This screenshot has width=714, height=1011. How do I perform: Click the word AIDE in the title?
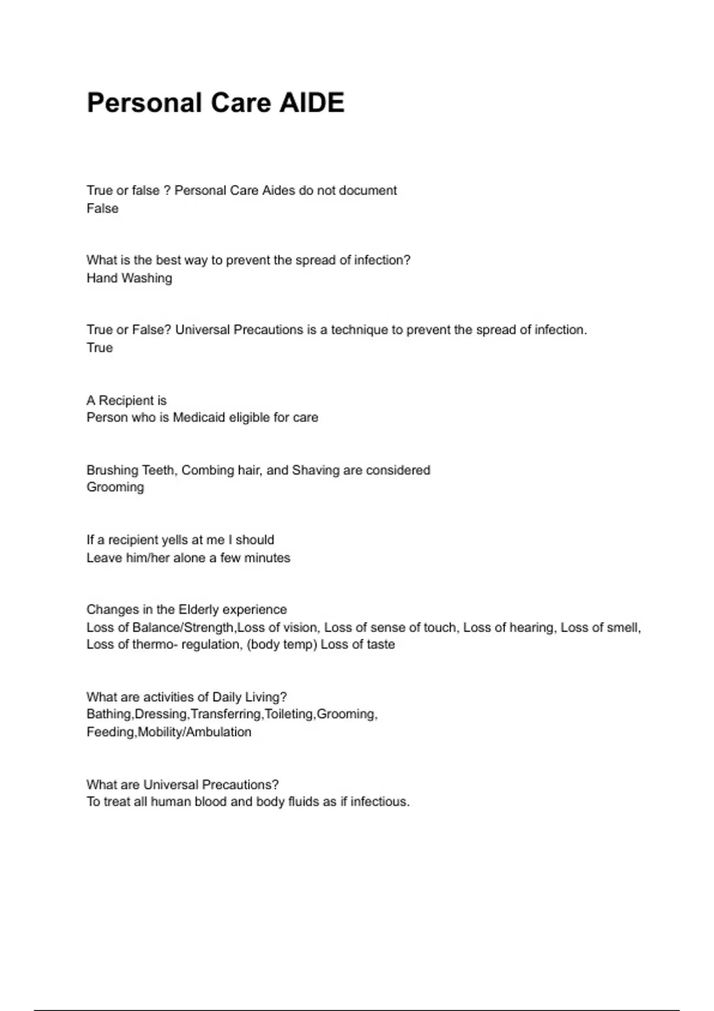pos(312,103)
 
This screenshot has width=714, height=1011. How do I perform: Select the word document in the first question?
pos(368,190)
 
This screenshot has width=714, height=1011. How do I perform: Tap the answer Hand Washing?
pos(129,278)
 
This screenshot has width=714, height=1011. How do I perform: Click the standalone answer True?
pos(99,348)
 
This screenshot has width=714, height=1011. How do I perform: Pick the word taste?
pos(381,645)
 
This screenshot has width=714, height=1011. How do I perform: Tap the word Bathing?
pos(109,714)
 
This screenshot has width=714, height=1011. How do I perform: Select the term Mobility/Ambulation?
pos(195,732)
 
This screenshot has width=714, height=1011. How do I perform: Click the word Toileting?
pos(289,714)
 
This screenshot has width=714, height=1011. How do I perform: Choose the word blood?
pos(211,802)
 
